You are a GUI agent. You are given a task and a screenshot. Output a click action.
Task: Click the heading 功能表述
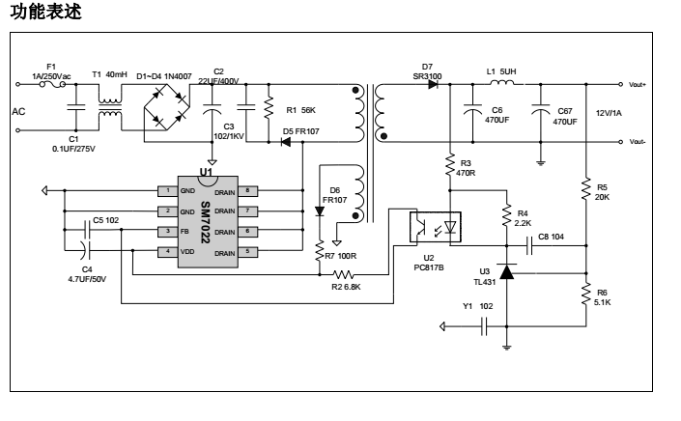click(39, 13)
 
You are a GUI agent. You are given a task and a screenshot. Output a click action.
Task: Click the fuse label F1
click(51, 66)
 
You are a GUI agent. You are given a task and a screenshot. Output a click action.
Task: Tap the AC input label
click(18, 112)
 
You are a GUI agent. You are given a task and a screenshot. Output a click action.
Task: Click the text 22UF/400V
click(218, 81)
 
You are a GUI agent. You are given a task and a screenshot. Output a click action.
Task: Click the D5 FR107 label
click(301, 129)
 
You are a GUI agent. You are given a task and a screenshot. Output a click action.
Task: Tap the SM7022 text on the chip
click(205, 221)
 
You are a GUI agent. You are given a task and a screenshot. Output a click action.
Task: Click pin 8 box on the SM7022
click(247, 190)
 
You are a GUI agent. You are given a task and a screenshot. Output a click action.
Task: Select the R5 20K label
click(603, 191)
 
